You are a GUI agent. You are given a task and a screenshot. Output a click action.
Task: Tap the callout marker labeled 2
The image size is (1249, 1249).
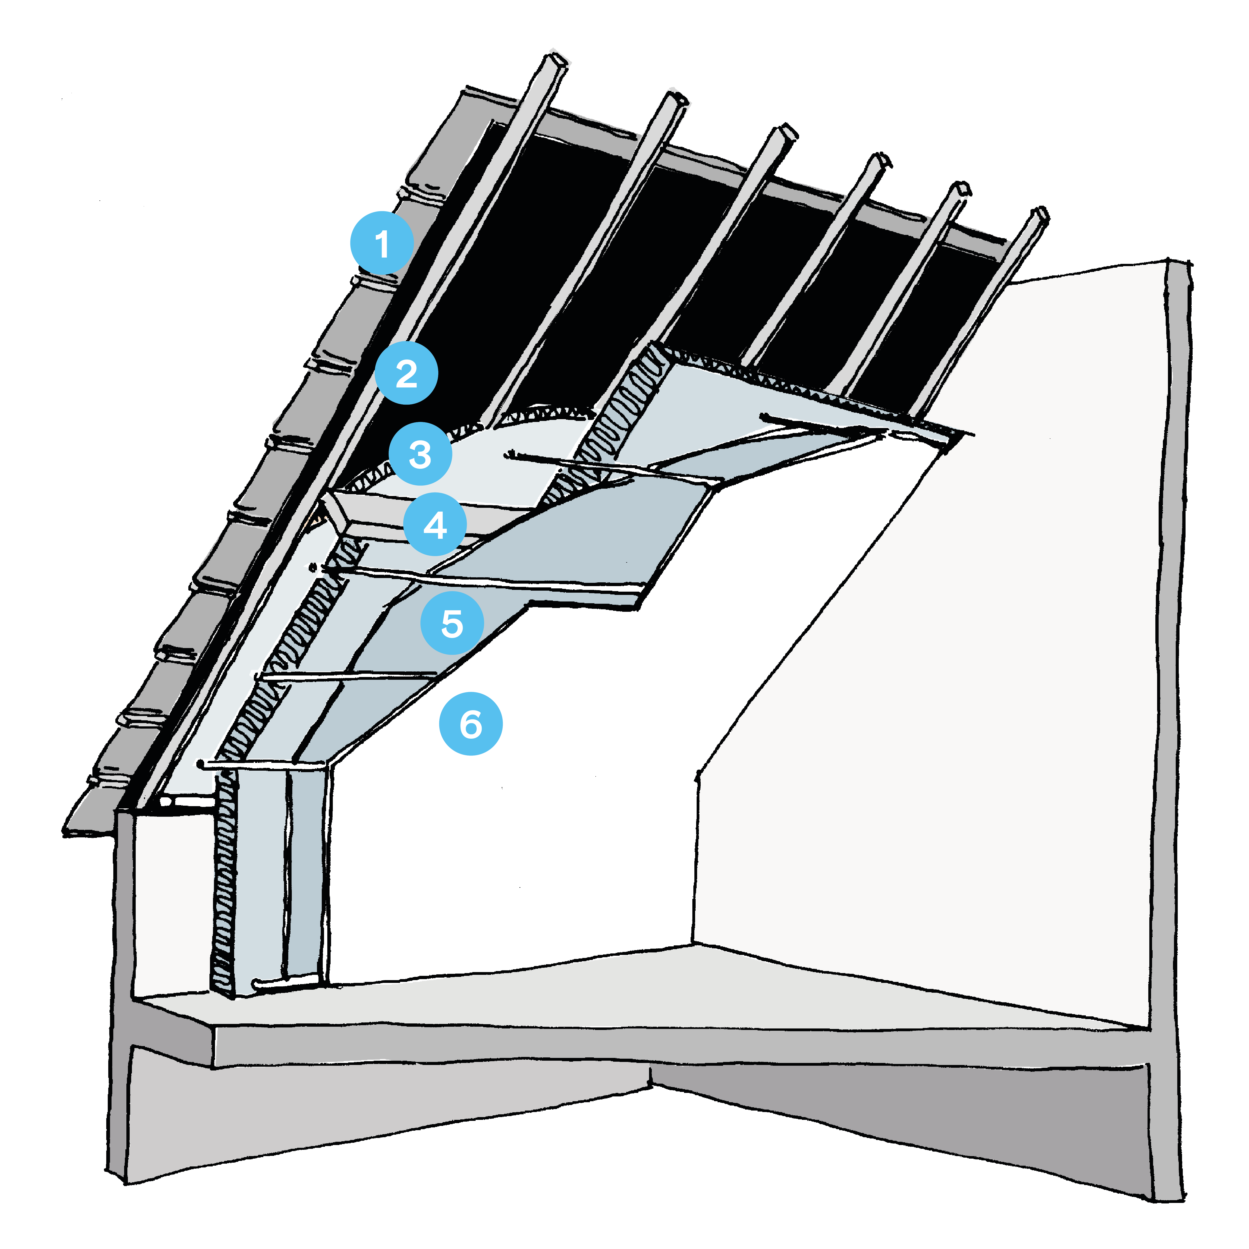point(406,373)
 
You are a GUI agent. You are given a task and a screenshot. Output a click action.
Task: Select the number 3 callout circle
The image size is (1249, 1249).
point(420,454)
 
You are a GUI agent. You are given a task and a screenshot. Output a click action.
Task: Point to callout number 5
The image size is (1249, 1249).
point(452,623)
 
